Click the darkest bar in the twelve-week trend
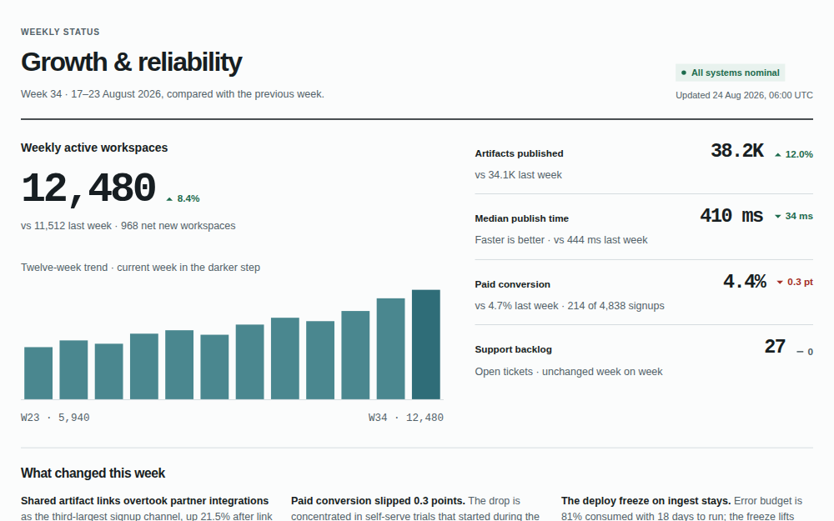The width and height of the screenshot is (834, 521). (x=426, y=344)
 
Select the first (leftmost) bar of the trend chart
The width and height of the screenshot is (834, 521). (x=38, y=373)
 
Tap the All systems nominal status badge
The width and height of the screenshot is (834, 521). (x=731, y=73)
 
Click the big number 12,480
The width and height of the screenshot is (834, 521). (x=88, y=188)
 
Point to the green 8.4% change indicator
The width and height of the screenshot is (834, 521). (x=183, y=199)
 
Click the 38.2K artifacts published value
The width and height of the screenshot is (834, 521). (x=737, y=151)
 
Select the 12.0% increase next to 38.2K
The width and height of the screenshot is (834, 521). (x=794, y=155)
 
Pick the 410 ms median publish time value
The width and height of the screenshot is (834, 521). (x=731, y=216)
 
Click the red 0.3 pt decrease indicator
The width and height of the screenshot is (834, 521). (x=795, y=282)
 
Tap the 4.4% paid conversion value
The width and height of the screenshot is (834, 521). (x=745, y=281)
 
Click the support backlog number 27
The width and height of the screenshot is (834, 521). (x=775, y=347)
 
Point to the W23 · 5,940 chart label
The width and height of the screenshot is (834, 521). (x=55, y=418)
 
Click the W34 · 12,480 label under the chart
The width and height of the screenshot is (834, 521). (x=406, y=418)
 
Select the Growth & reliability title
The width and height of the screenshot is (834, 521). (x=132, y=63)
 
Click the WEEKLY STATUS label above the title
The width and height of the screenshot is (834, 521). (x=60, y=32)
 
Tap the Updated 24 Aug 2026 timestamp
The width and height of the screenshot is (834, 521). (x=744, y=95)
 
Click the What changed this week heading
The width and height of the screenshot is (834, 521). (x=93, y=473)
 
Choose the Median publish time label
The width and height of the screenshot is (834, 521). (x=522, y=218)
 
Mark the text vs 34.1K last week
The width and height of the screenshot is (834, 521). (x=519, y=175)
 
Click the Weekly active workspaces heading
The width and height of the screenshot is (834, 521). (x=94, y=148)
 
